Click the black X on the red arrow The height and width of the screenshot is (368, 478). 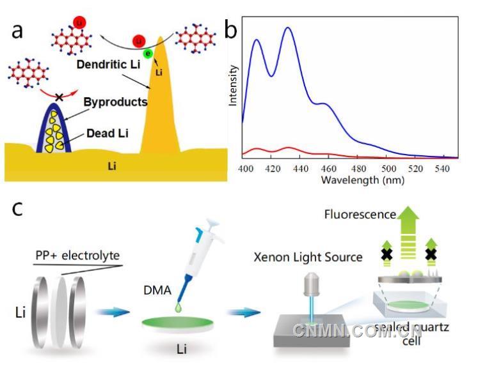[60, 96]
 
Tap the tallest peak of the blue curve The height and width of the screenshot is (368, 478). [288, 27]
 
